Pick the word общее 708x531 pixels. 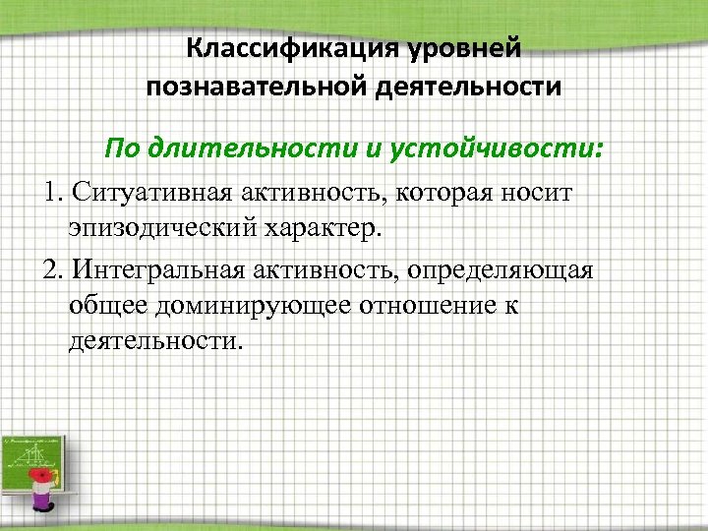pyautogui.click(x=106, y=307)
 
